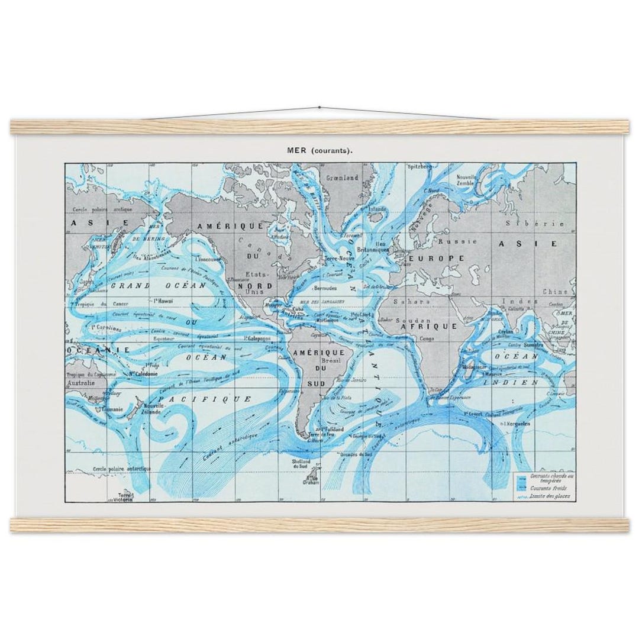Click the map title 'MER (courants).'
[x=320, y=150]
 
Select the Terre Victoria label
[x=126, y=498]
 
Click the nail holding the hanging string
[x=319, y=108]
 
